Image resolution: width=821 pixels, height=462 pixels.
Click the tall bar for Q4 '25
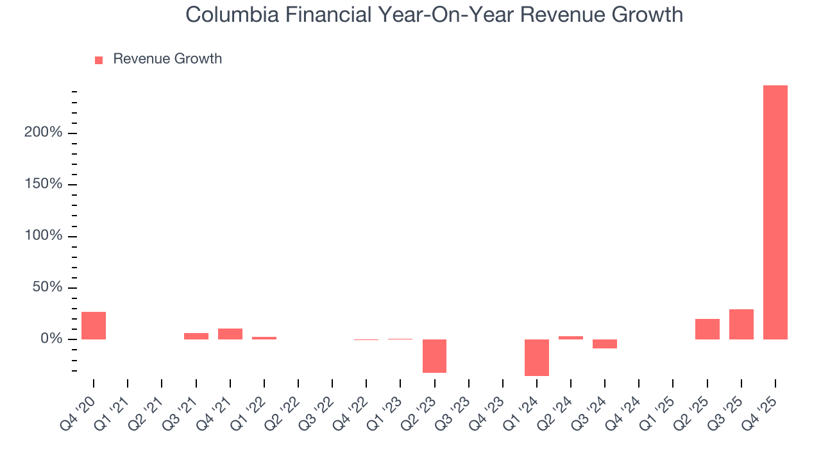coord(775,212)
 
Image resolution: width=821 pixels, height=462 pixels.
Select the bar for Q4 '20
coord(94,325)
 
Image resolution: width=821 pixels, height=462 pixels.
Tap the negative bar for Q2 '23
coord(434,355)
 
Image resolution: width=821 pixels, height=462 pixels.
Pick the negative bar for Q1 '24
coord(537,357)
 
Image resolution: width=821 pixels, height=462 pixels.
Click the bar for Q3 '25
coord(741,324)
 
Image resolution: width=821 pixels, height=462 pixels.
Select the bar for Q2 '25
coord(707,329)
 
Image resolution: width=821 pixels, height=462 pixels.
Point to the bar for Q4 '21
coord(230,334)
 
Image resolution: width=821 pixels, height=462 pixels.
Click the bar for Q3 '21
coord(196,336)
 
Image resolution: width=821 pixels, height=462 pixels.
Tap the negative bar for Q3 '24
coord(605,344)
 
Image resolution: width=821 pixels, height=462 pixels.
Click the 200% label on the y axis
coord(44,133)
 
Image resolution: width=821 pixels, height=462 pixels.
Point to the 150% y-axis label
coord(44,185)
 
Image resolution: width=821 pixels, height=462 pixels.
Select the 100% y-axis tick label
coord(44,236)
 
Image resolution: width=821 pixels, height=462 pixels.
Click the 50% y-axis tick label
coord(48,287)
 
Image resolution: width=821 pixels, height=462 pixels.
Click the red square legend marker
coord(99,60)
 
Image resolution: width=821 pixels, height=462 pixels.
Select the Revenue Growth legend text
coord(167,59)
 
